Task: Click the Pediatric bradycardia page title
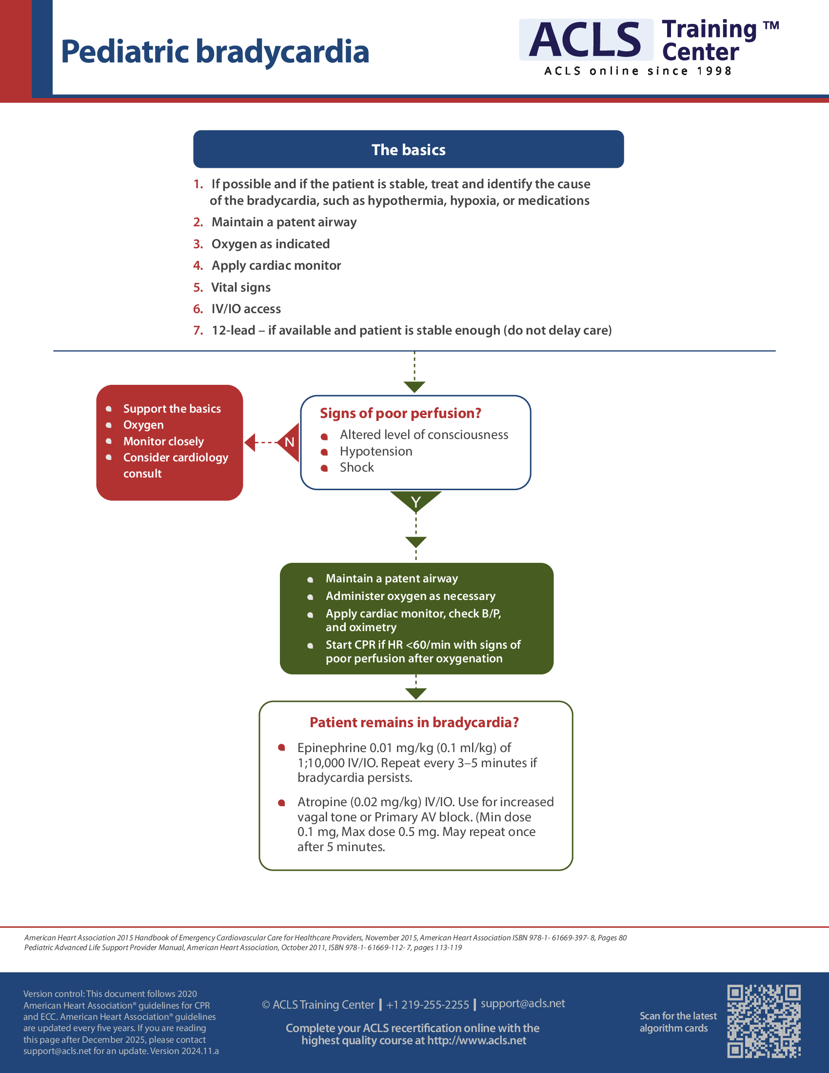pyautogui.click(x=215, y=52)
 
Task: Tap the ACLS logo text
pyautogui.click(x=585, y=40)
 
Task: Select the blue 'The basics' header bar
pyautogui.click(x=408, y=149)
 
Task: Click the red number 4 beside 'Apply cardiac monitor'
pyautogui.click(x=198, y=266)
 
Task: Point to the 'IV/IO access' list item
pyautogui.click(x=246, y=309)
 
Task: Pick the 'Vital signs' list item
pyautogui.click(x=240, y=287)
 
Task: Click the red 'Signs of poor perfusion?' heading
pyautogui.click(x=400, y=413)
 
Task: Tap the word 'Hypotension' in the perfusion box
pyautogui.click(x=375, y=451)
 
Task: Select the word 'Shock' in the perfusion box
pyautogui.click(x=356, y=467)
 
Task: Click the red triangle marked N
pyautogui.click(x=289, y=442)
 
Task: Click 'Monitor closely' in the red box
pyautogui.click(x=163, y=441)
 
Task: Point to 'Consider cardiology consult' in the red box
pyautogui.click(x=176, y=465)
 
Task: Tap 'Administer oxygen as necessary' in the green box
pyautogui.click(x=410, y=596)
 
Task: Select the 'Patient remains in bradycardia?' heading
pyautogui.click(x=414, y=722)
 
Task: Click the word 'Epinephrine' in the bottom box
pyautogui.click(x=332, y=748)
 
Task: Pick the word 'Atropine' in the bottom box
pyautogui.click(x=322, y=802)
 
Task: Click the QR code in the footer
pyautogui.click(x=764, y=1021)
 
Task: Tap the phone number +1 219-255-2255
pyautogui.click(x=427, y=1005)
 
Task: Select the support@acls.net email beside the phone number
pyautogui.click(x=523, y=1003)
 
